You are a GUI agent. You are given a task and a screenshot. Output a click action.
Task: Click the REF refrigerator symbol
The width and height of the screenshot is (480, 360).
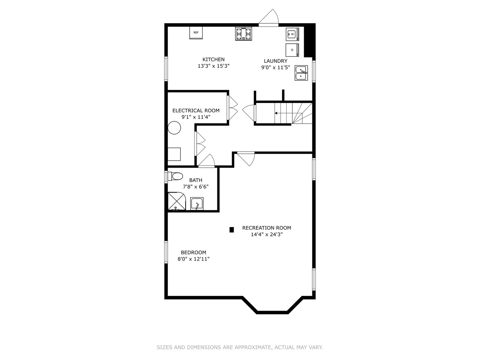tap(196, 33)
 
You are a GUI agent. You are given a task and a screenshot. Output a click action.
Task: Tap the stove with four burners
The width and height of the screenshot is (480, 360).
tap(244, 34)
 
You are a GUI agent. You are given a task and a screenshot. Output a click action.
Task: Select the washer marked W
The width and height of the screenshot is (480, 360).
tap(292, 34)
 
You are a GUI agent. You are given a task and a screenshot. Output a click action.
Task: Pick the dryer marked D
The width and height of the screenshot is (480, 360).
tap(292, 50)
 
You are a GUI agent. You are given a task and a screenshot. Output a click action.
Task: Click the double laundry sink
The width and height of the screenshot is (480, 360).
tap(301, 73)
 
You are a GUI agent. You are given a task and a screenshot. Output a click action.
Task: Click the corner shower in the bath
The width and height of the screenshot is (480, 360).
tap(177, 201)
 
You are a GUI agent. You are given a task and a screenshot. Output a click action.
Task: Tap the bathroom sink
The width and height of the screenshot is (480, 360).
tap(197, 204)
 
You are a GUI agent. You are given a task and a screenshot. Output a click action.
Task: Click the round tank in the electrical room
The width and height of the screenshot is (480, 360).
tap(174, 128)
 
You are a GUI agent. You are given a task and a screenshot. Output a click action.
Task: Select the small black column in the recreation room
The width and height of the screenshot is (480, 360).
tap(232, 230)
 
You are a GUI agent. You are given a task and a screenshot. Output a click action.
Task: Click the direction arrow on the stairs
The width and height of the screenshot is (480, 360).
tap(276, 113)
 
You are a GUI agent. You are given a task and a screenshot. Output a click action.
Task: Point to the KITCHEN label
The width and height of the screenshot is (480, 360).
tap(213, 60)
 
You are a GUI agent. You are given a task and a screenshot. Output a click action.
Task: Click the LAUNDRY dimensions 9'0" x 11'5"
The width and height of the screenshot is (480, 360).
tap(275, 67)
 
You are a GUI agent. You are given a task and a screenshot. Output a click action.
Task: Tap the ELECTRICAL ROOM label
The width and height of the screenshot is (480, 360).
tap(196, 111)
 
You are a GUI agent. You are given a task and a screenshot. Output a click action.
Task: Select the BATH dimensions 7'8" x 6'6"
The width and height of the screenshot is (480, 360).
tap(196, 187)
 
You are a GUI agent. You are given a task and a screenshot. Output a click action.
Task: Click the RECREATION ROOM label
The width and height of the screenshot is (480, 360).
tap(267, 228)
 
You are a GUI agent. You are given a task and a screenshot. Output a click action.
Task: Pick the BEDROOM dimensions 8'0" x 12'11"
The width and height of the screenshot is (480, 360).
tap(193, 259)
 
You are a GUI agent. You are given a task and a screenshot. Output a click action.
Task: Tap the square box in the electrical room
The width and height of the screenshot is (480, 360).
tap(174, 154)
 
